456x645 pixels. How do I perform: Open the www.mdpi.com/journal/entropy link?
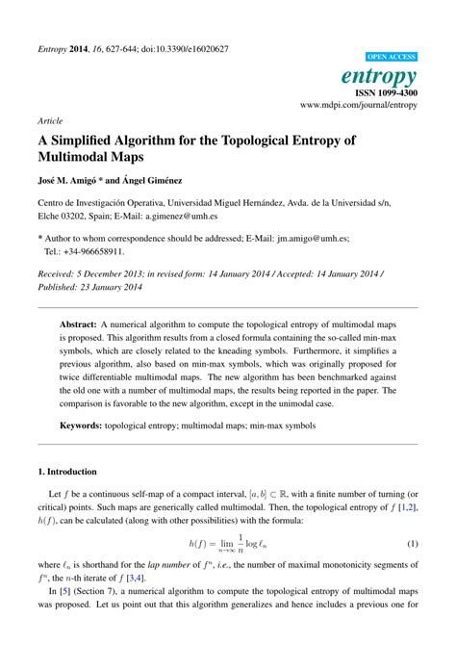[x=360, y=104]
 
